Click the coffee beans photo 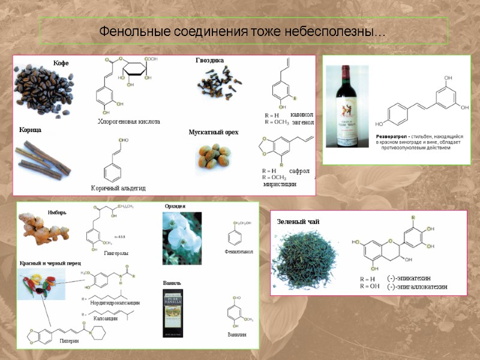[44, 89]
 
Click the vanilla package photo [174, 313]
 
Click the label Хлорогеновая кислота [129, 122]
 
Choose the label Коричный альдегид [118, 188]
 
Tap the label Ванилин [237, 334]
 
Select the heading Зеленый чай [298, 222]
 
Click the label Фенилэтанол [238, 251]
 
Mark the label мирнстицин [280, 184]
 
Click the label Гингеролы [116, 254]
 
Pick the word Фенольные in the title [128, 31]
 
